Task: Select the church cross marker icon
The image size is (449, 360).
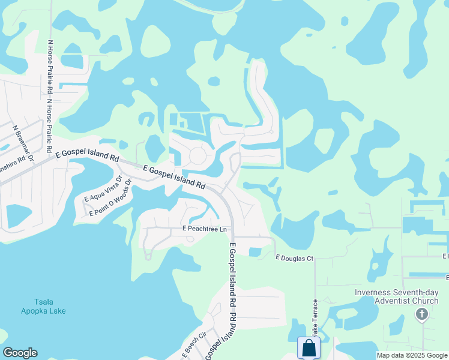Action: pyautogui.click(x=422, y=314)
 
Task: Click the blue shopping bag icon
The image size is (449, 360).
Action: pyautogui.click(x=309, y=348)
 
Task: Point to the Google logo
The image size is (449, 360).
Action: pyautogui.click(x=20, y=353)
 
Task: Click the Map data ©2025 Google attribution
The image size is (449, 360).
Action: pyautogui.click(x=412, y=355)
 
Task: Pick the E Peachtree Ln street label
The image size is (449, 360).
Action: pyautogui.click(x=205, y=229)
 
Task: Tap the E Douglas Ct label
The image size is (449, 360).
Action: pyautogui.click(x=294, y=258)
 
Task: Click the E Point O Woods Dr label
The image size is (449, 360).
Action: pyautogui.click(x=110, y=205)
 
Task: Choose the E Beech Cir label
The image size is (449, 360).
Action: pyautogui.click(x=194, y=343)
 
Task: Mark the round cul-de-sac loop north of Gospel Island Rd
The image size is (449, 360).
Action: pyautogui.click(x=197, y=156)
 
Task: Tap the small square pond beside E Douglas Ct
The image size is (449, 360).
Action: pyautogui.click(x=255, y=252)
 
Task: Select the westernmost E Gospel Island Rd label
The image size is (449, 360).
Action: pyautogui.click(x=88, y=155)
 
